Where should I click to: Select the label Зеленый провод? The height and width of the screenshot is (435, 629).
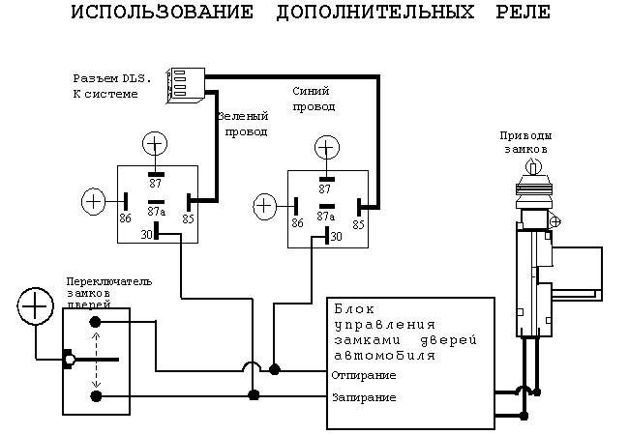(241, 123)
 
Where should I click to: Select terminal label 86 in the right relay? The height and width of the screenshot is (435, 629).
(298, 223)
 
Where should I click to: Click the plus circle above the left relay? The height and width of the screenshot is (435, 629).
(155, 145)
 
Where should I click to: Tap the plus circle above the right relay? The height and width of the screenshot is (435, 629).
(327, 148)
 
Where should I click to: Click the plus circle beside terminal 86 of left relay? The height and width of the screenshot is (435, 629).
(94, 201)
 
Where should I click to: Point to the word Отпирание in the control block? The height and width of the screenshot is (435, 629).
(363, 374)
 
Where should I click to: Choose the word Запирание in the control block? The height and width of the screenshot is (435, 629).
(363, 397)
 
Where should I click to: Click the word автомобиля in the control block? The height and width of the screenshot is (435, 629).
(384, 355)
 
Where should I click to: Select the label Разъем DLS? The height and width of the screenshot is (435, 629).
(106, 77)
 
